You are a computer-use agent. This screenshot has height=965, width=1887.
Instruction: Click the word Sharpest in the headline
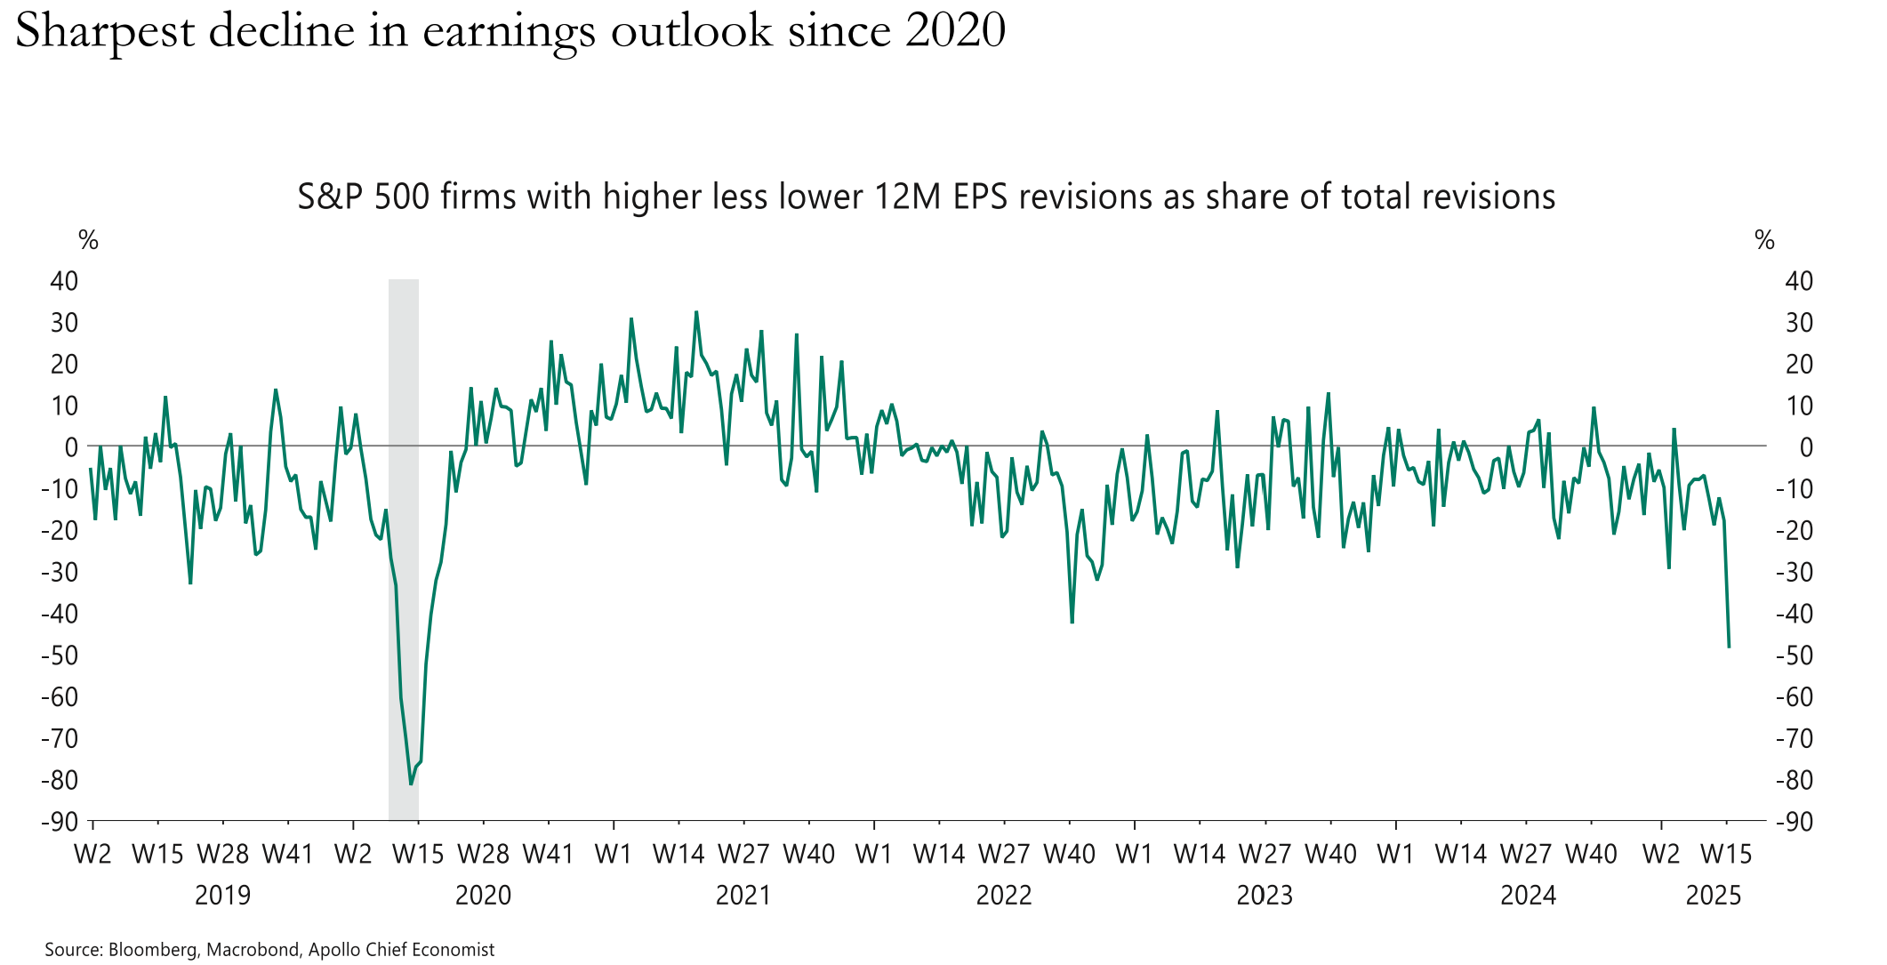click(x=104, y=32)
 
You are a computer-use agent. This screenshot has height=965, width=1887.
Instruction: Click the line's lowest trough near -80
click(x=411, y=784)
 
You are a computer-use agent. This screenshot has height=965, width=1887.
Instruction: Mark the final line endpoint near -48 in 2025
click(x=1729, y=647)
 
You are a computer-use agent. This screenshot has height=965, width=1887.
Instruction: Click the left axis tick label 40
click(x=64, y=281)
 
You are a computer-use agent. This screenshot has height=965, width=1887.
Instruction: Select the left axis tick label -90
click(x=60, y=822)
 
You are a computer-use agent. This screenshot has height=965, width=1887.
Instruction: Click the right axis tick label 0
click(x=1806, y=447)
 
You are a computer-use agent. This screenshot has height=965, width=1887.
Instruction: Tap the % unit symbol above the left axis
click(x=88, y=240)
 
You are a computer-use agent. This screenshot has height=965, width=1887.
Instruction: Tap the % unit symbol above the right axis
click(x=1764, y=240)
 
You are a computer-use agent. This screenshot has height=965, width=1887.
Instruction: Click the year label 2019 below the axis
click(x=222, y=895)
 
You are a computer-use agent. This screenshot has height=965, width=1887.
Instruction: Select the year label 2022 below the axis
click(x=1004, y=895)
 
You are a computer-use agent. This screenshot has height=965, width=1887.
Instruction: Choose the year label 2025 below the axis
click(x=1714, y=895)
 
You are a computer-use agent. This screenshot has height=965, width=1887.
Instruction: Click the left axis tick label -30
click(x=60, y=572)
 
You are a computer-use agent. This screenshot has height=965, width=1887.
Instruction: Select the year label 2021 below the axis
click(x=743, y=895)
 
